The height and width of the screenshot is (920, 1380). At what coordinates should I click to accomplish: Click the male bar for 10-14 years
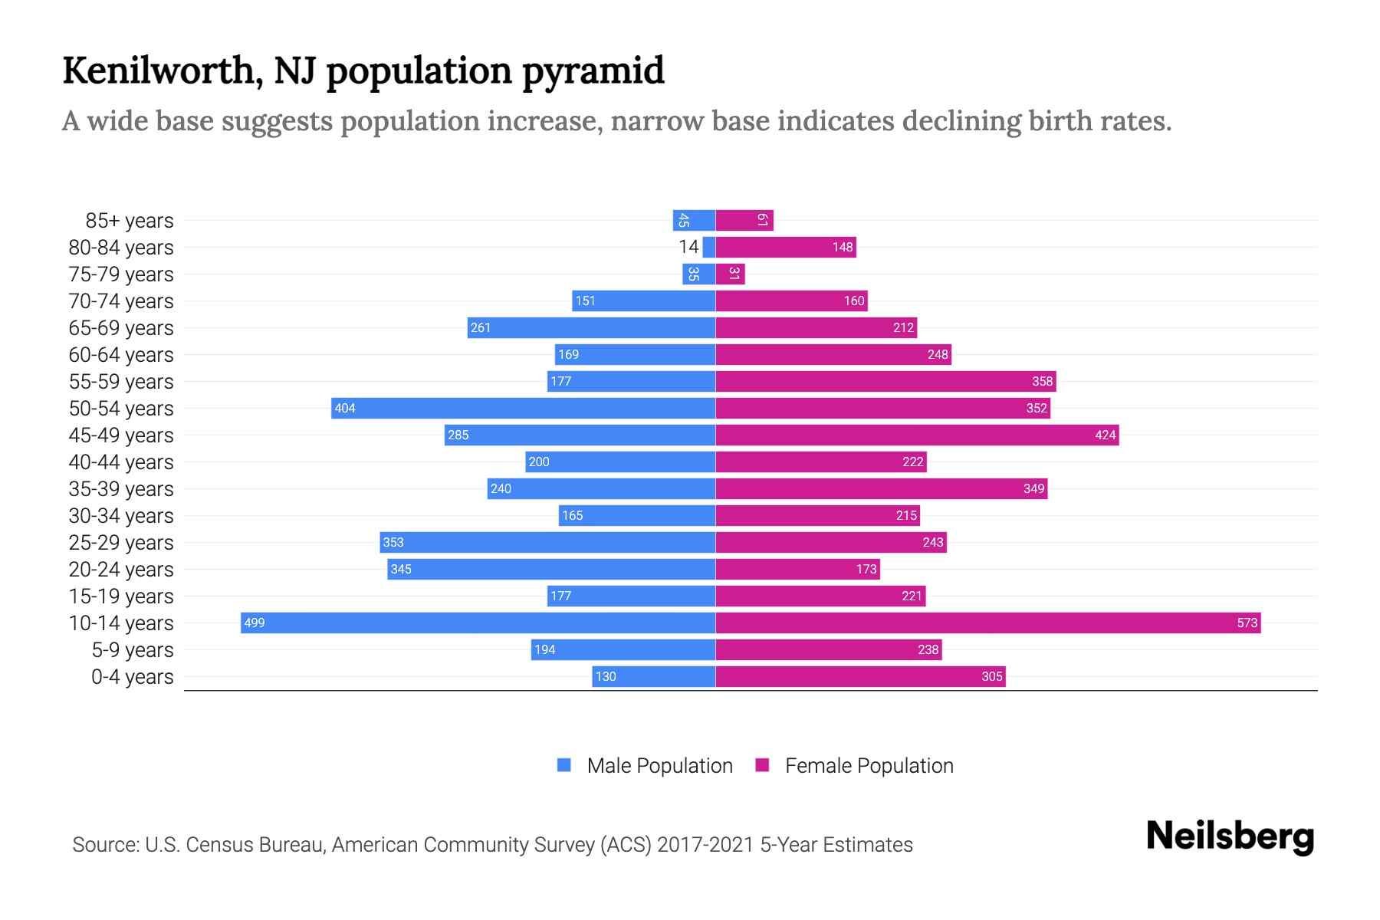[x=478, y=623]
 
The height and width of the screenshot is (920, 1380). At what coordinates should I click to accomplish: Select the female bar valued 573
[x=987, y=623]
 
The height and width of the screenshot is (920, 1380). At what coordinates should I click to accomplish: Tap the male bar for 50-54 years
[x=523, y=408]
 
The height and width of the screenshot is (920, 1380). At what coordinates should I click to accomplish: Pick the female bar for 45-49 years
[x=917, y=435]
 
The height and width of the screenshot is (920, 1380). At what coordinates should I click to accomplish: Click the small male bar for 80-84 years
[x=709, y=247]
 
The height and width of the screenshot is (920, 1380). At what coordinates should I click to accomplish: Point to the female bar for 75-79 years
[x=730, y=274]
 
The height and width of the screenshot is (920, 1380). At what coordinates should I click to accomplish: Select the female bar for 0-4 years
[x=860, y=676]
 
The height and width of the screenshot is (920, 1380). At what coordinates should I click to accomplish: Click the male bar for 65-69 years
[x=591, y=327]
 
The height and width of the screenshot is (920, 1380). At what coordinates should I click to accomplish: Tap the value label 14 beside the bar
[x=688, y=247]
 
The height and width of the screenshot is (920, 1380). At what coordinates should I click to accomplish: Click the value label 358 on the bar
[x=1043, y=381]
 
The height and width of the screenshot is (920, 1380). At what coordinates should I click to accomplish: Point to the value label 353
[x=393, y=542]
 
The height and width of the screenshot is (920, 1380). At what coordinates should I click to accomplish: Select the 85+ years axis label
[x=130, y=221]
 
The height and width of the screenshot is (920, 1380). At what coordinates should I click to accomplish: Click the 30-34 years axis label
[x=121, y=516]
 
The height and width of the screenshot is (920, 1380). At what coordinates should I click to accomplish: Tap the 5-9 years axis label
[x=133, y=650]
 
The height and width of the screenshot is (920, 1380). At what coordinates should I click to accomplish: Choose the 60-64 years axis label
[x=121, y=355]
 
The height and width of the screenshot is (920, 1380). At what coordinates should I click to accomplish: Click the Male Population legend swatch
[x=564, y=765]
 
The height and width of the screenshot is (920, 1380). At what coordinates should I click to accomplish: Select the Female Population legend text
[x=869, y=766]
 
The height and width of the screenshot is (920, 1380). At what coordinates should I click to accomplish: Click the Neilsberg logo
[x=1230, y=836]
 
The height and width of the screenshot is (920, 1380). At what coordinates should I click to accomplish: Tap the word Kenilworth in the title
[x=157, y=71]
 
